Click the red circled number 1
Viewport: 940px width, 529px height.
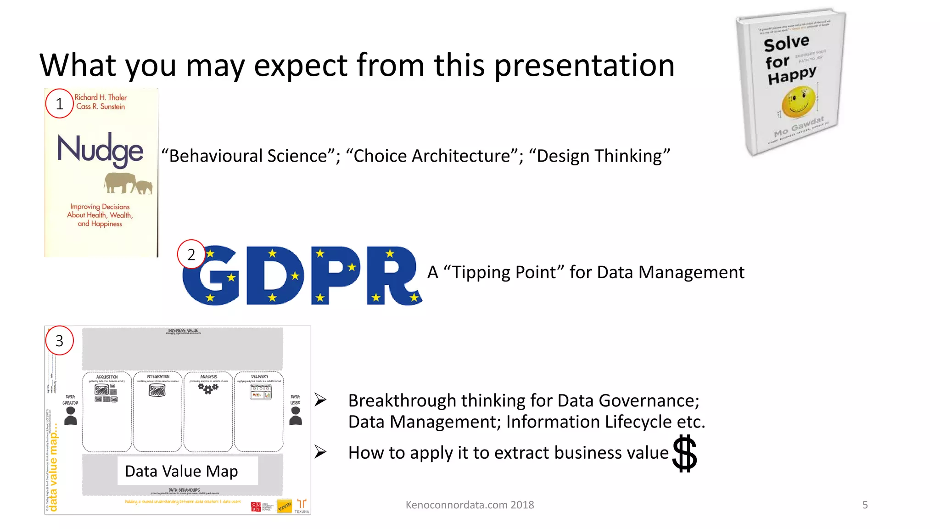[59, 104]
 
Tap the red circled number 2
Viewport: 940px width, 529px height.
[191, 254]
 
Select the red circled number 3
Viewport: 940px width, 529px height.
[59, 341]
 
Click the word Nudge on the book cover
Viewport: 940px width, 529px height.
[100, 150]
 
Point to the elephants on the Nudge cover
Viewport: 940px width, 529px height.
[128, 183]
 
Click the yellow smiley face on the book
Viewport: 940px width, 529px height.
[799, 101]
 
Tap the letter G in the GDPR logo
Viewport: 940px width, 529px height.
[211, 276]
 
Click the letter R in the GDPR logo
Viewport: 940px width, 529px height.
[393, 276]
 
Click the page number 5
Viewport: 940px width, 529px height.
[865, 505]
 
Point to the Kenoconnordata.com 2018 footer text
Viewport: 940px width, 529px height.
[470, 505]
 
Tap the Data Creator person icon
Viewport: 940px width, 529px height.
[71, 416]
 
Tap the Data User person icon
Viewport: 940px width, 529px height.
[296, 416]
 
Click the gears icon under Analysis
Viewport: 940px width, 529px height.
[208, 389]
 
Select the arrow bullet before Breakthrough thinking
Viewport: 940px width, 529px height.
[320, 400]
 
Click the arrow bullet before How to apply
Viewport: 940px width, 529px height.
[320, 452]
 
